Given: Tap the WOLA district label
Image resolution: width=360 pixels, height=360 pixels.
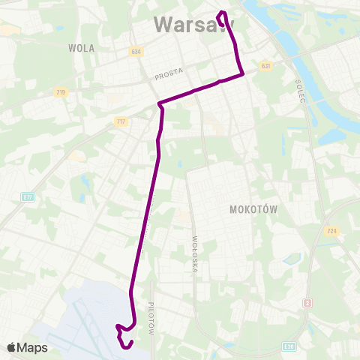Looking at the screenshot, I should (81, 47).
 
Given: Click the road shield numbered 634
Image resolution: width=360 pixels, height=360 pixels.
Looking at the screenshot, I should (135, 52).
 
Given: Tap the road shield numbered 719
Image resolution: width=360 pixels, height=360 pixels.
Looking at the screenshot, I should (60, 92).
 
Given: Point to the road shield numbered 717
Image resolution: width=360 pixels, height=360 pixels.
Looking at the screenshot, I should (121, 121).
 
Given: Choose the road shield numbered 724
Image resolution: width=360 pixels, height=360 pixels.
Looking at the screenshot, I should (331, 231).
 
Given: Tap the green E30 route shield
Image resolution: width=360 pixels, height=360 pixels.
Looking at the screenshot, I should (289, 346).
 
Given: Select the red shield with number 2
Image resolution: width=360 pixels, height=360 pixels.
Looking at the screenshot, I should (307, 303).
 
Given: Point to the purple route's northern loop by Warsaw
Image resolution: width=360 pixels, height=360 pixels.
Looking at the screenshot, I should (221, 14).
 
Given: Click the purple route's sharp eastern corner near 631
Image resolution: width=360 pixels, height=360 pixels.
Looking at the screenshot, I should (242, 74).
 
